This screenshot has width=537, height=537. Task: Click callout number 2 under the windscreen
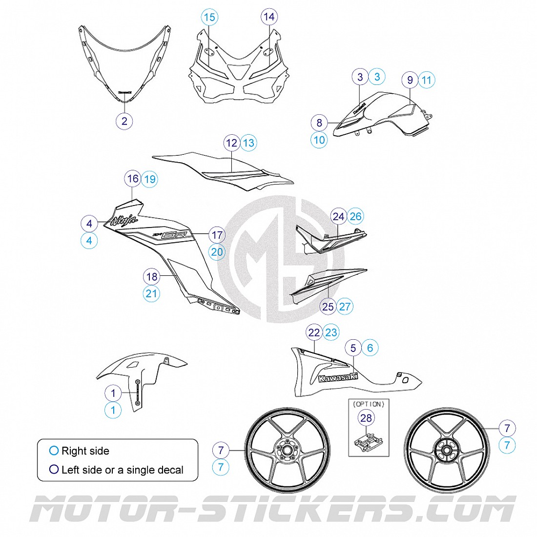coord(124,121)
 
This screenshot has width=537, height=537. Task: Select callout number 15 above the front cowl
coord(209,18)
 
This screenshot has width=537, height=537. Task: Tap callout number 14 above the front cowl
coord(269,17)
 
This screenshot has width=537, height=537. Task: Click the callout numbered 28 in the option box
coord(366,417)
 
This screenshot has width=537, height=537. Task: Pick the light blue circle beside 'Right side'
coord(54,451)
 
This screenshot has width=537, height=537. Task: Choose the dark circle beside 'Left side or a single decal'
coord(54,470)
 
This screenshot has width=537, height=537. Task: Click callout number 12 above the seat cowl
coord(232,143)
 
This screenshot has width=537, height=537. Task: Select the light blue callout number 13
coord(248,143)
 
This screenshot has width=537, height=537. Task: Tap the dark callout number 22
coord(314,333)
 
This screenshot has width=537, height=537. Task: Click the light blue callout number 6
coord(370,348)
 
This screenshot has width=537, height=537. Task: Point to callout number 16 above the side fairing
coord(133,179)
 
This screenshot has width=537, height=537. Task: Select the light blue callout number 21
coord(152,293)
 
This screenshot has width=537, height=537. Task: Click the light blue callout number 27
coord(345,307)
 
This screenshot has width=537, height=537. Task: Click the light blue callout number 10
coord(319,140)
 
